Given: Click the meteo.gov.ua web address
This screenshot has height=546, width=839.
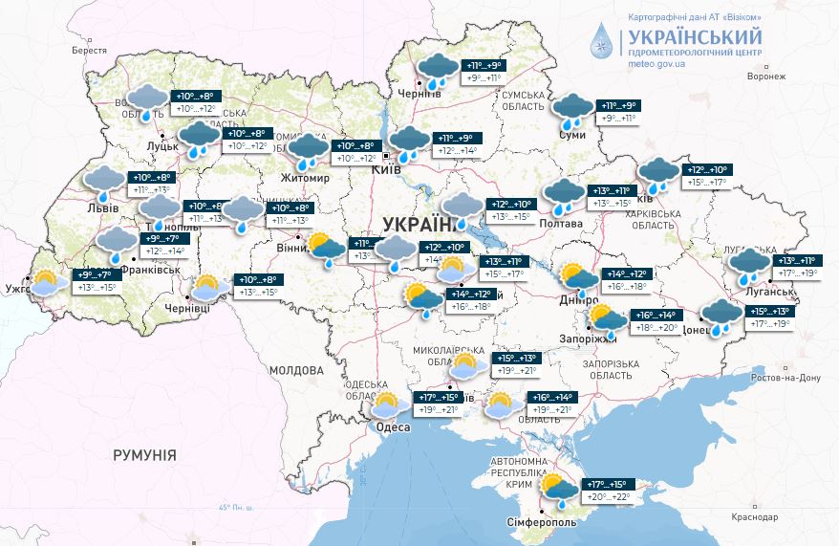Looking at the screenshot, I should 655,63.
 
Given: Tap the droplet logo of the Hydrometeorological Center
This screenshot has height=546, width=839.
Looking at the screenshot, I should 602,42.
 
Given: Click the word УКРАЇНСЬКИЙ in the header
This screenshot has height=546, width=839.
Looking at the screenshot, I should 695,36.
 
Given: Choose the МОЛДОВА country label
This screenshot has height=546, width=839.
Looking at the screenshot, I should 296,369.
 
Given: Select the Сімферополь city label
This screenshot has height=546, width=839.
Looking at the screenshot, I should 541,523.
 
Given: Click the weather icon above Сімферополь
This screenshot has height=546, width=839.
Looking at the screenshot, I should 559,489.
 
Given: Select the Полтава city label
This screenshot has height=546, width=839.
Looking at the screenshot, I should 561,224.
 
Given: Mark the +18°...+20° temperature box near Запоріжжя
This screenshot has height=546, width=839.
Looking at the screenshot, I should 656,328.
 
